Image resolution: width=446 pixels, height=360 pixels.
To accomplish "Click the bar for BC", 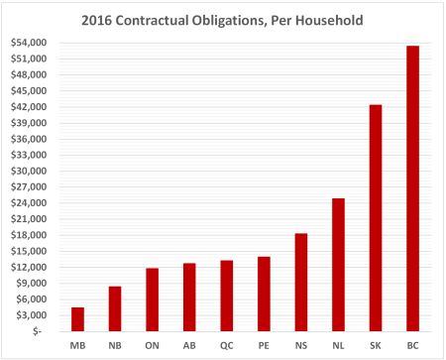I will point(413,188).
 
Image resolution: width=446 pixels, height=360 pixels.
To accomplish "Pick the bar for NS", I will point(301,282).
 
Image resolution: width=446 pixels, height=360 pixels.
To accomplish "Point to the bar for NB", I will point(115,308).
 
